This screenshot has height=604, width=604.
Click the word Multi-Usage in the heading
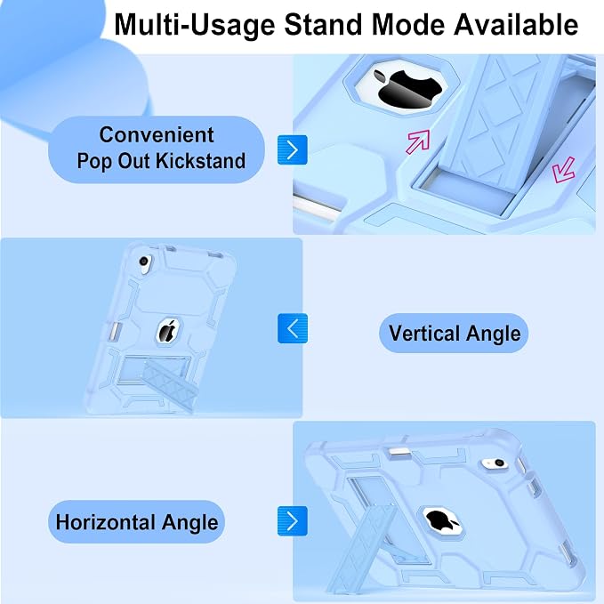[195, 26]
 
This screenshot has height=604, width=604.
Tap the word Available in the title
[516, 24]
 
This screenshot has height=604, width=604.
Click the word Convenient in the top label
[157, 135]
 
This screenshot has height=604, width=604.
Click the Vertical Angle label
[455, 334]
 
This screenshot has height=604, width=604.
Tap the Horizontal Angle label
[137, 522]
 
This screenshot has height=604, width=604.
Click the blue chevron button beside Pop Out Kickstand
[293, 149]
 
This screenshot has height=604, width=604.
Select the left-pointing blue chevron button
[293, 328]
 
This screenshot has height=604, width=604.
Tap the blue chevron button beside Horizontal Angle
[293, 520]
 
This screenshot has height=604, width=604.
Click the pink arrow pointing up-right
[418, 141]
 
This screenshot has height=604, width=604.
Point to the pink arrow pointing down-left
[563, 170]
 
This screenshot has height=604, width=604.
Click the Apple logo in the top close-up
[409, 89]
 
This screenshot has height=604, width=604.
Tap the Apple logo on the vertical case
[168, 331]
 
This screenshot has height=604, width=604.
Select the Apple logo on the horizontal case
[442, 520]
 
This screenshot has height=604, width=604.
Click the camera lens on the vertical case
[144, 262]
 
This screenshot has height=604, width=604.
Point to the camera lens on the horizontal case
[499, 463]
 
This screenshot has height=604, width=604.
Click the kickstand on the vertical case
[170, 383]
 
